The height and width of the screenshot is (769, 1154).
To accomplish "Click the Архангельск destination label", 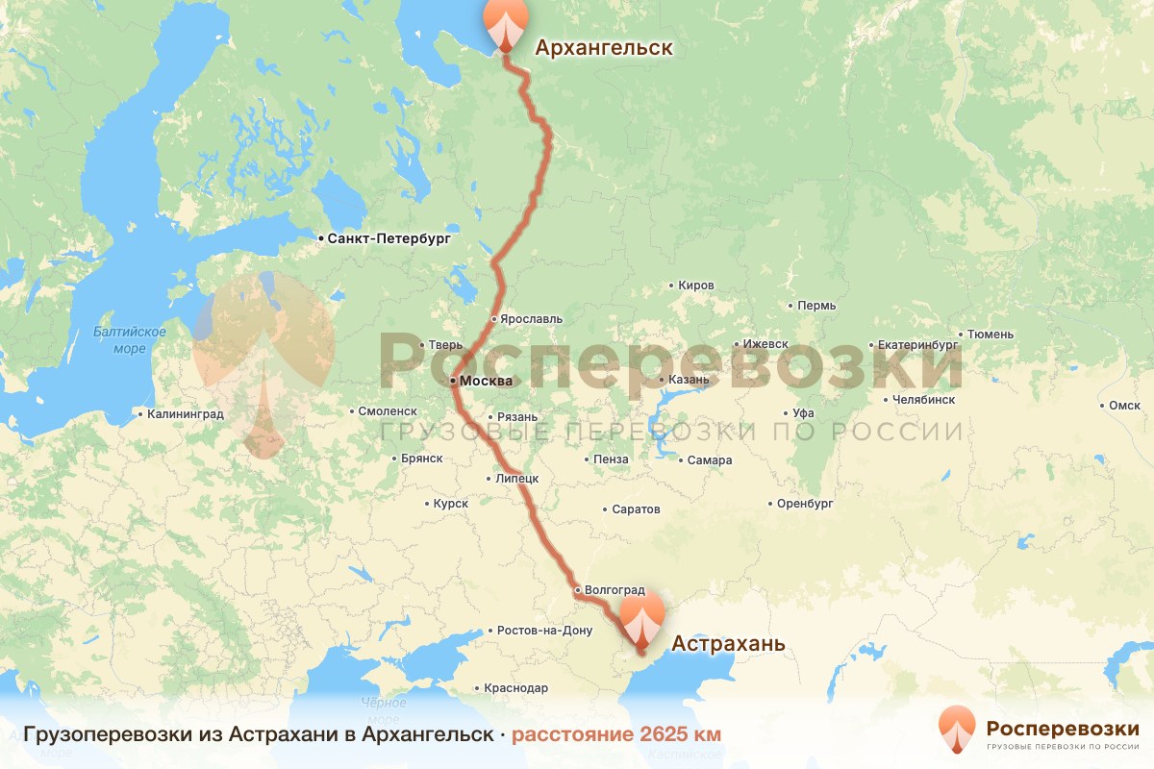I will coord(603,48).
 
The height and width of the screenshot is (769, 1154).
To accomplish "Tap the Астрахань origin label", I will coord(728,643).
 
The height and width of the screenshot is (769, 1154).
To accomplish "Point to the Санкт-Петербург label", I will coord(388,237).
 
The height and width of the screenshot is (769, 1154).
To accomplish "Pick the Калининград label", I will coord(185,415).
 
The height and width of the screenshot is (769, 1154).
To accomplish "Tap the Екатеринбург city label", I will coord(918,344).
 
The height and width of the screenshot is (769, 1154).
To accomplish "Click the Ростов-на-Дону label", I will coord(545,632).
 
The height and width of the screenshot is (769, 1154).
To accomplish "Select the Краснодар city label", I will coord(517,688).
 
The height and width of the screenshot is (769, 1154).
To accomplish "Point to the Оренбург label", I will coord(805,504).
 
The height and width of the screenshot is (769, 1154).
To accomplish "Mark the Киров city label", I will coord(696,285).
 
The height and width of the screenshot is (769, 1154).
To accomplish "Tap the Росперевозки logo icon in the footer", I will coord(955,731).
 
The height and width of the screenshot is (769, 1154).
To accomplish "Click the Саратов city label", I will coord(636,509).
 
